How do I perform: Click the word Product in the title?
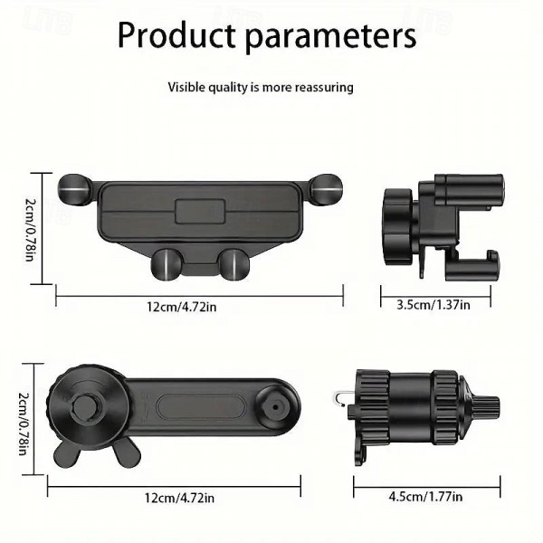[x=176, y=34]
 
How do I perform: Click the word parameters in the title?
[x=330, y=37]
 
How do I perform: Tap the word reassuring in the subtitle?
[x=324, y=87]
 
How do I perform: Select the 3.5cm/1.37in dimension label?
[x=433, y=305]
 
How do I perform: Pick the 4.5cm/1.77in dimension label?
[x=425, y=497]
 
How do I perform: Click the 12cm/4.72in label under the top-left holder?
[x=182, y=307]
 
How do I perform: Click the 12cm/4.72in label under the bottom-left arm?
[x=179, y=498]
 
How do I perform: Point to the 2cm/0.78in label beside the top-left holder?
[x=30, y=229]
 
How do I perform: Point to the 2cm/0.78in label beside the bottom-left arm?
[x=24, y=424]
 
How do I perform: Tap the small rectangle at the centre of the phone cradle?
[x=200, y=211]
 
